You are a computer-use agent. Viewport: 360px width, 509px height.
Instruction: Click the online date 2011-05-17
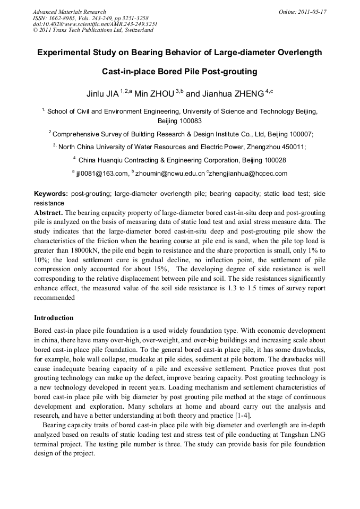(312, 12)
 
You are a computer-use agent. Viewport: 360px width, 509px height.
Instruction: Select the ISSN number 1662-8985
(60, 18)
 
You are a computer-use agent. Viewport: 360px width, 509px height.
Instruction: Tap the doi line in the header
(95, 24)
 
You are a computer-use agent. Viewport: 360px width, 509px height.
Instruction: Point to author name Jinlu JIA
(102, 94)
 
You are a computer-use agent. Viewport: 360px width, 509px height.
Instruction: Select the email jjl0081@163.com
(102, 173)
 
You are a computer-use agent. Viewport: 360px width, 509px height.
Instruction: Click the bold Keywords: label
(51, 194)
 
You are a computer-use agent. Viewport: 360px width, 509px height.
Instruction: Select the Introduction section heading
(54, 318)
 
